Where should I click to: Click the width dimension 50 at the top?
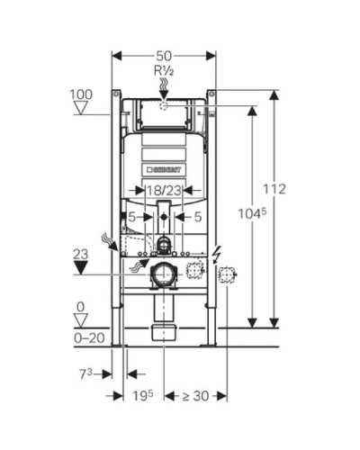point(164,56)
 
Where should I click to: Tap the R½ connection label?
point(164,70)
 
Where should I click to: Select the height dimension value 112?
point(275,189)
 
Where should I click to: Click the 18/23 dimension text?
point(164,190)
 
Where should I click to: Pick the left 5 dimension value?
point(131,217)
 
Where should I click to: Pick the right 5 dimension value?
point(197,217)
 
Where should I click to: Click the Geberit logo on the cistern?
point(164,168)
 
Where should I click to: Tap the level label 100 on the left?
point(80,94)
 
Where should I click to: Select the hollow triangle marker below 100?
point(80,109)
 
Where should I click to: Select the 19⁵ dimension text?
point(138,396)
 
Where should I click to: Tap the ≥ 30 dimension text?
point(194,396)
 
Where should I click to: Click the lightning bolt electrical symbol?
point(215,256)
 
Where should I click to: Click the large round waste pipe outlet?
point(164,274)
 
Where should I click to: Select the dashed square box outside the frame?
point(228,274)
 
